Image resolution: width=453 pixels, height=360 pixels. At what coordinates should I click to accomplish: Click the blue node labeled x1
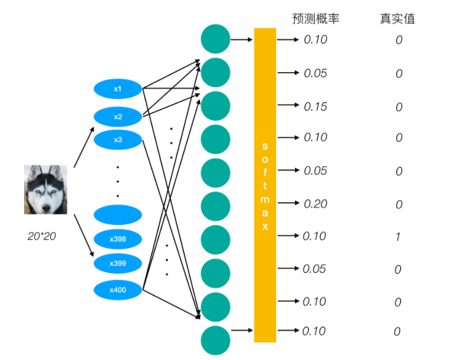118,89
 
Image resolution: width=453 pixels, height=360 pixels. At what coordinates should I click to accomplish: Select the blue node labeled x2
118,117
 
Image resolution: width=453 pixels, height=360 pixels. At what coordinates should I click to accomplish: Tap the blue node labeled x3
118,140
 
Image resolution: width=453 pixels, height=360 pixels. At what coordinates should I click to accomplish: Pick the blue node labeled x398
118,239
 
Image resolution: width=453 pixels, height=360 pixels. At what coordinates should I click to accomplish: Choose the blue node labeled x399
118,263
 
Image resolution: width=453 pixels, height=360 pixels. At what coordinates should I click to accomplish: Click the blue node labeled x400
118,290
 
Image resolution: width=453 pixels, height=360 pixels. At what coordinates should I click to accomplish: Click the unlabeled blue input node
118,214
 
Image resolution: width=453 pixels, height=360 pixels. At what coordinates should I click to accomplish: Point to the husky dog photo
45,189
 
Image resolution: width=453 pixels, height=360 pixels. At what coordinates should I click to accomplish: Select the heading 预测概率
316,19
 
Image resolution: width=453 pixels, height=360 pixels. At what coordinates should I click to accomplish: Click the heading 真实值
397,19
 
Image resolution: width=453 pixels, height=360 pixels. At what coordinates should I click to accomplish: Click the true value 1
398,237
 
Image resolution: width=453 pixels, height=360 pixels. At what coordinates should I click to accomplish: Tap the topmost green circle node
215,39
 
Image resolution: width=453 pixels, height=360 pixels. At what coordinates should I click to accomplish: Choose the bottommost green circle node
215,341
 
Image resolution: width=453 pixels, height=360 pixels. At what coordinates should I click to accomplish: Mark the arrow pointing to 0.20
288,203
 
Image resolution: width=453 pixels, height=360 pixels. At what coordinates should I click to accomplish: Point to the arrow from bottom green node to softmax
242,331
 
